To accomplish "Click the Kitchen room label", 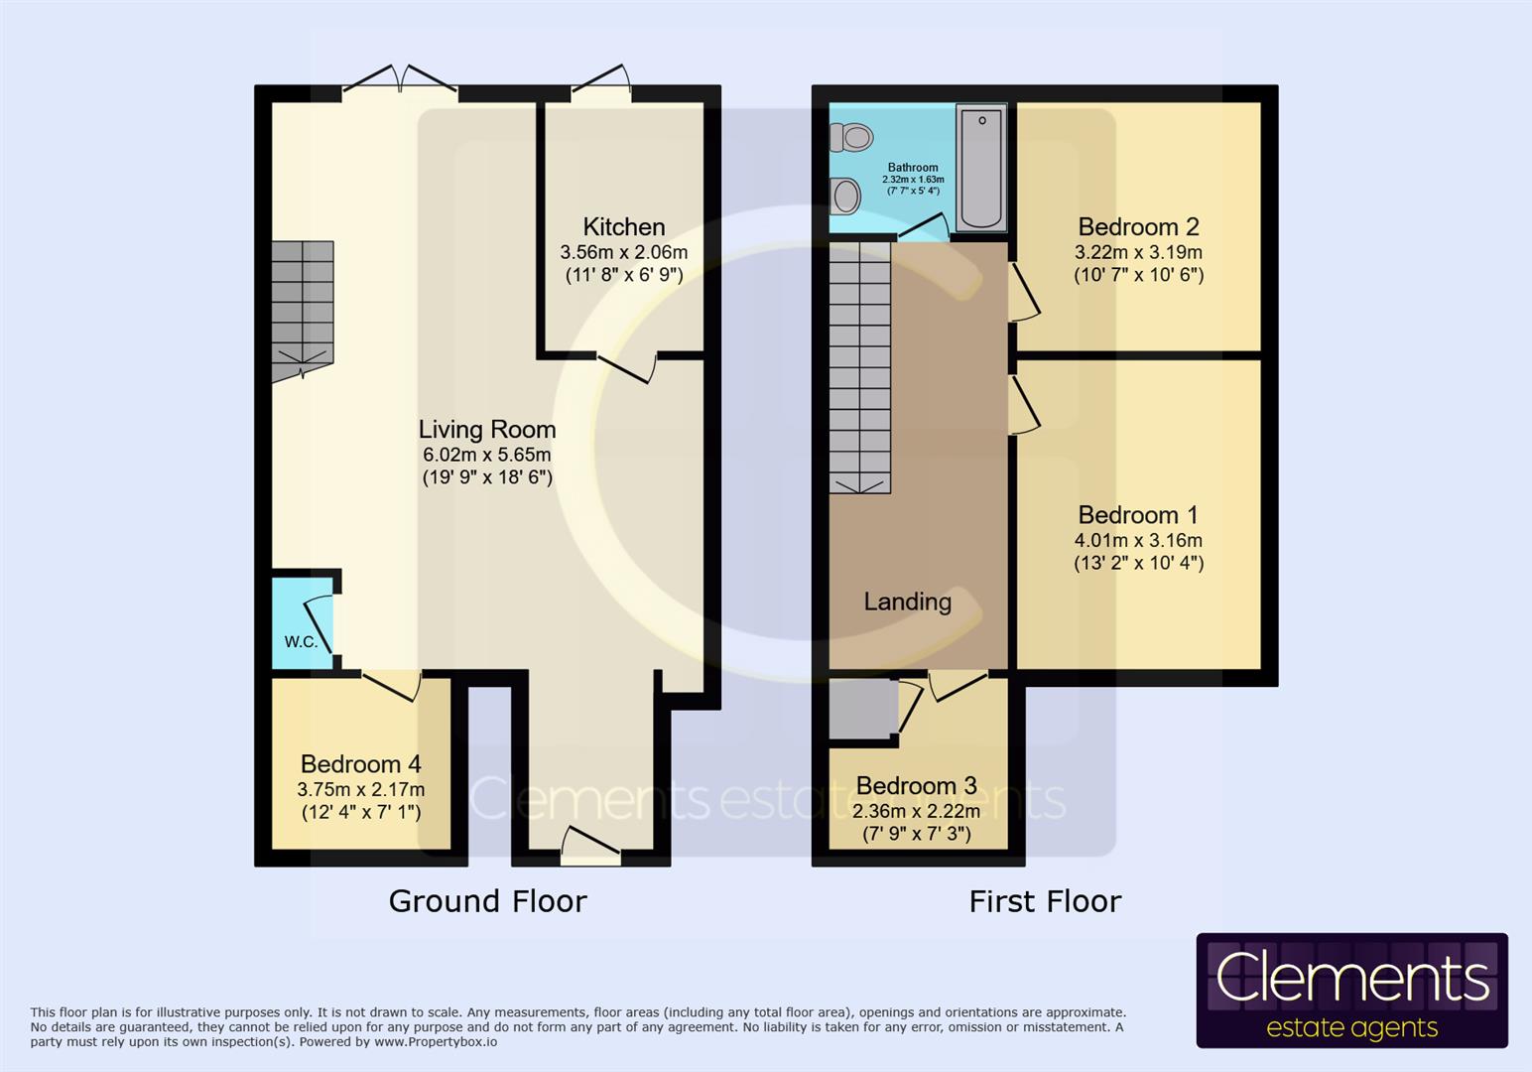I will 623,227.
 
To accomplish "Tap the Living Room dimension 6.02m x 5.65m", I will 486,455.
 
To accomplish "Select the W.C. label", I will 301,642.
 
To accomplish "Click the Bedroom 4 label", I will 360,764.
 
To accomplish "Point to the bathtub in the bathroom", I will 981,167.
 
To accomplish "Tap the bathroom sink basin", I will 845,196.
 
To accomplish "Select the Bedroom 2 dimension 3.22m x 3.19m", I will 1138,252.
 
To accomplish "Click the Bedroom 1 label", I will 1137,515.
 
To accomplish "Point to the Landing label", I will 907,602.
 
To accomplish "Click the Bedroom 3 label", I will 916,786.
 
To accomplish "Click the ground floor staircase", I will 303,308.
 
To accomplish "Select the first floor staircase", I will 859,367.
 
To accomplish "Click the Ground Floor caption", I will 487,901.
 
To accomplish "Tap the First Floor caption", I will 1045,901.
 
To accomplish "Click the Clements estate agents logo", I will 1351,990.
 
